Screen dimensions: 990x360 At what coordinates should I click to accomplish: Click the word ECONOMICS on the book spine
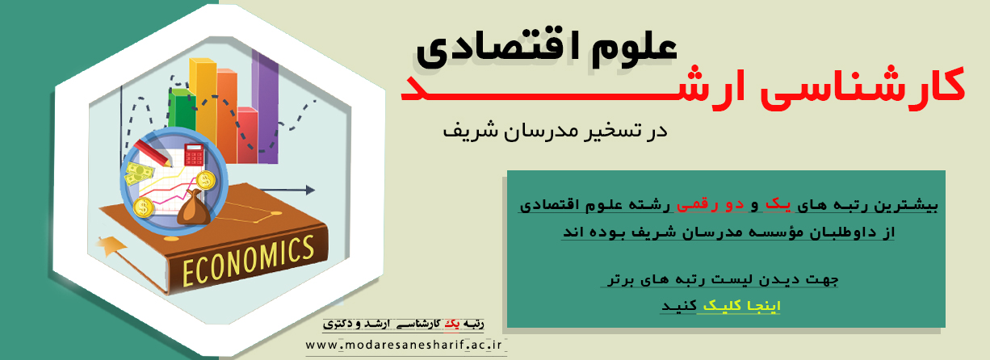tap(248, 261)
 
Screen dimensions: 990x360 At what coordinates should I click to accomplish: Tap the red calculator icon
tap(194, 154)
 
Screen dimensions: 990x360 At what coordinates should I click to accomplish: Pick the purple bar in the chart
tap(265, 106)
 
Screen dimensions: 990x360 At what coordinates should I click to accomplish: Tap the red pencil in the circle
tap(153, 153)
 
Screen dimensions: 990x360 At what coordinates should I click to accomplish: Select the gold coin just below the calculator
tap(206, 180)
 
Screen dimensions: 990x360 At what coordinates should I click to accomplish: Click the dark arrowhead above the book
tap(310, 190)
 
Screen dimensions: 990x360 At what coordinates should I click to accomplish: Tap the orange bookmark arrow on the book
tap(111, 245)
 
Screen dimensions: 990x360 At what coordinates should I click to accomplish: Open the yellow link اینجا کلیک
tap(741, 306)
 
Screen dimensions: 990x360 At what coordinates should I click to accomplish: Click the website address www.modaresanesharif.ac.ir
tap(404, 345)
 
